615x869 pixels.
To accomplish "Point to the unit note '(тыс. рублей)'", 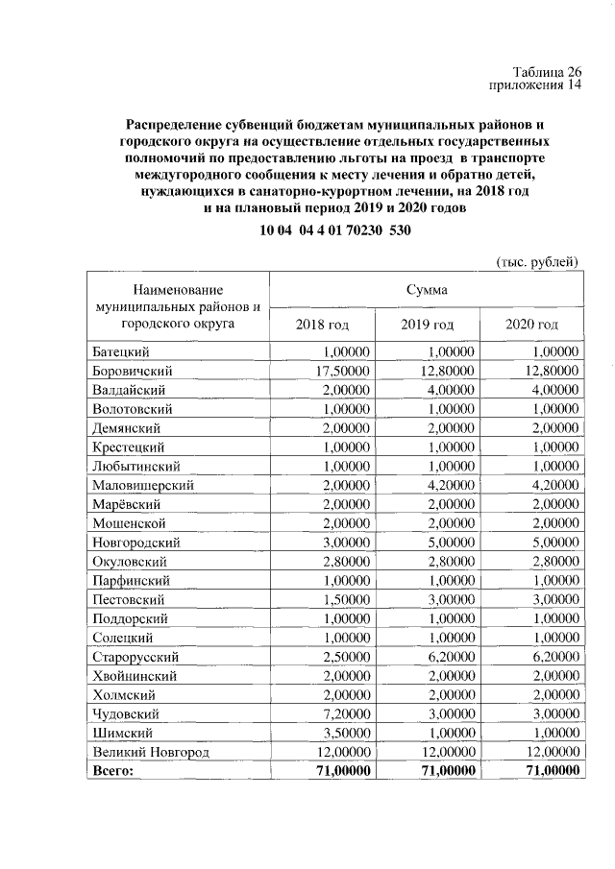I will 537,261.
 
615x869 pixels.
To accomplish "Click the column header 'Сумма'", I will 426,288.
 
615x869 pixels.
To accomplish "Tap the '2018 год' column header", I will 322,324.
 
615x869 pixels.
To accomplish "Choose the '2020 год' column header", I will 531,324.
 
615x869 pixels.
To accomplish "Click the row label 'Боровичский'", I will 133,371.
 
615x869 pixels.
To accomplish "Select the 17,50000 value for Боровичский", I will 340,371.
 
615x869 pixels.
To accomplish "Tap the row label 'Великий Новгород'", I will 150,752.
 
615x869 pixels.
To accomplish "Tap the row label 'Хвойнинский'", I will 135,676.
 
